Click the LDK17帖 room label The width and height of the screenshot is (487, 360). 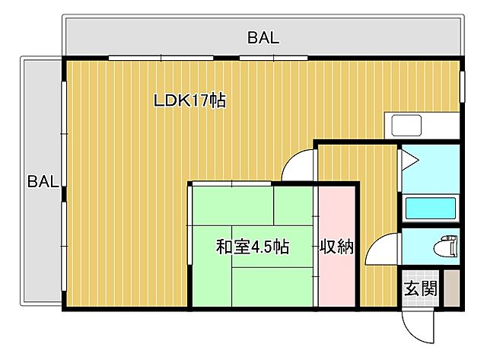[189, 100]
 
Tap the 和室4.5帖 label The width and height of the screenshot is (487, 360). [253, 247]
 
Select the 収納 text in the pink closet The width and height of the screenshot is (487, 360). [336, 247]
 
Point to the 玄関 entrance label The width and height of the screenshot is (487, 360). [419, 288]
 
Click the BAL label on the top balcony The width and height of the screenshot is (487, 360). [263, 37]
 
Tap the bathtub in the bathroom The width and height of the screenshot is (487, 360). [430, 207]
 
